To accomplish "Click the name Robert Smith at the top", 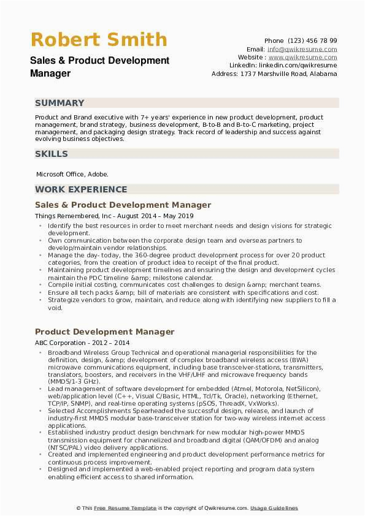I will tap(99, 40).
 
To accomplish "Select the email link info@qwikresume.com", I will tap(302, 49).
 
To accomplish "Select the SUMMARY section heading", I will tap(60, 103).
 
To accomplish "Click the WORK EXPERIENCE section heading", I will tap(81, 189).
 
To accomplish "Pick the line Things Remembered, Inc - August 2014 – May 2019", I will tap(114, 216).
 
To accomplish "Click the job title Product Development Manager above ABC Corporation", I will tap(104, 332).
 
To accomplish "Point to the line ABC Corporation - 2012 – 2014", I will tap(82, 343).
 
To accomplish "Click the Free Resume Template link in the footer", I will tap(125, 508).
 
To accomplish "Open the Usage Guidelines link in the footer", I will tap(274, 508).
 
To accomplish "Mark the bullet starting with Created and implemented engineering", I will tap(186, 458).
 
